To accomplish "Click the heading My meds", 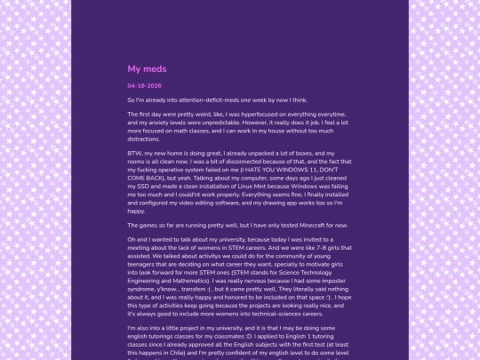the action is (147, 68).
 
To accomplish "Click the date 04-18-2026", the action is (144, 85).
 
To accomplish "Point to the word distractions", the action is (143, 140).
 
